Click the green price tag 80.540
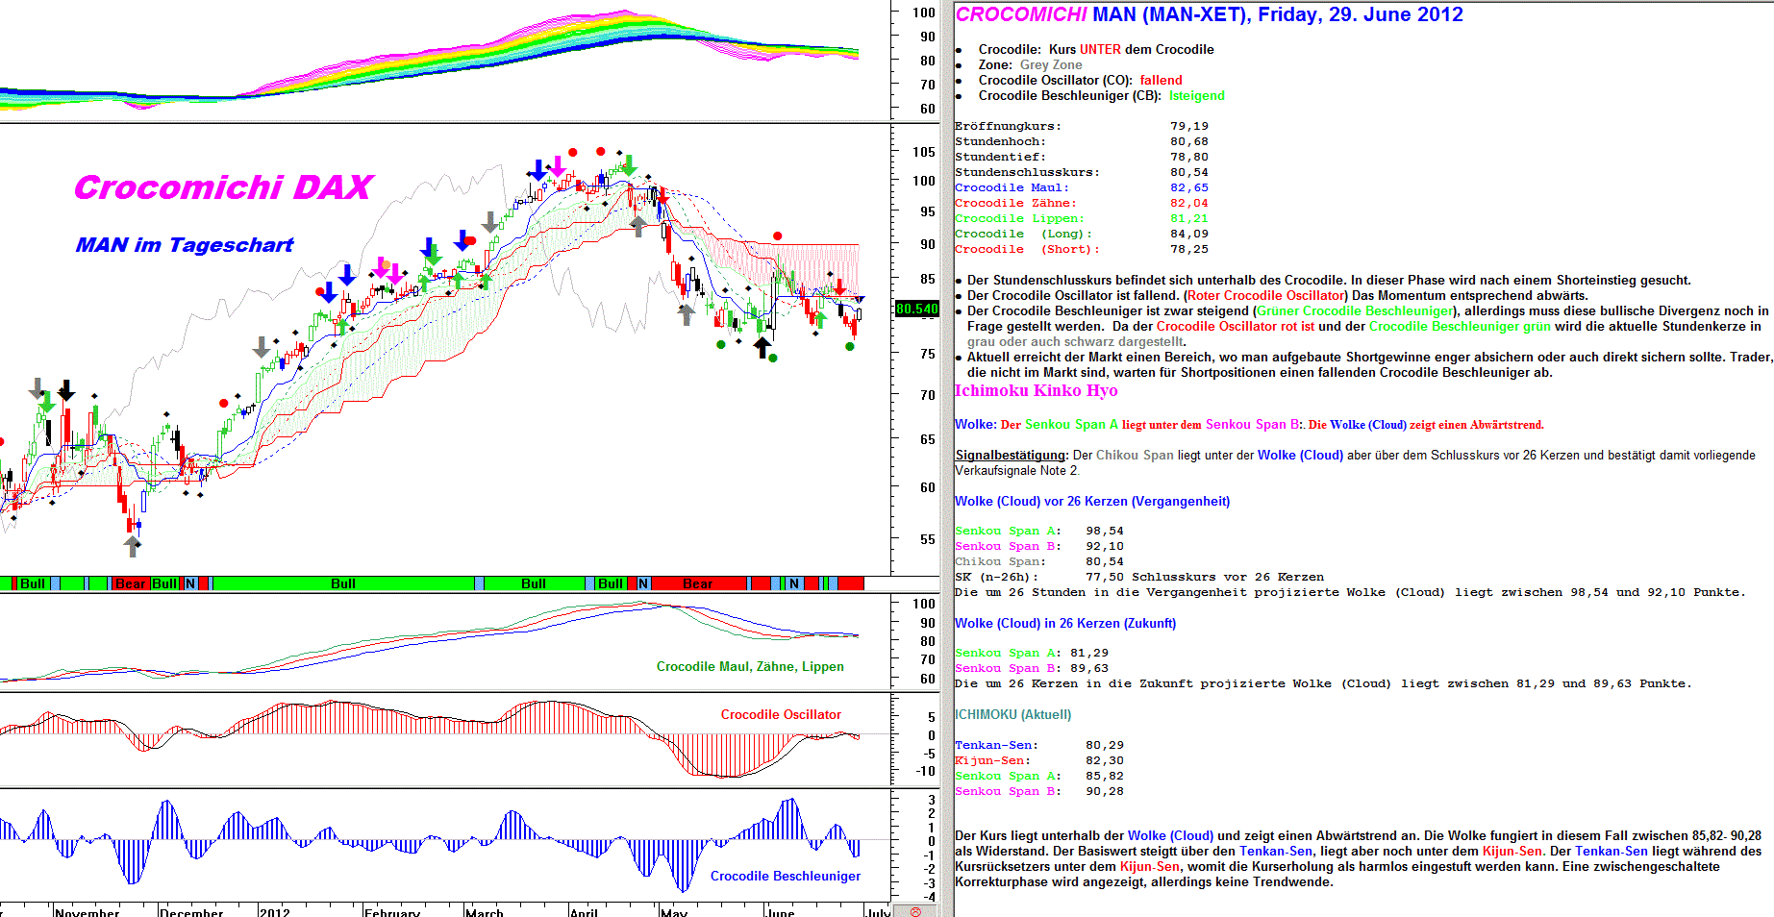[x=916, y=309]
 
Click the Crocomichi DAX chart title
[x=223, y=187]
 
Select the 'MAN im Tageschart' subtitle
[x=185, y=245]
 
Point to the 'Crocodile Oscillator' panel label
[x=781, y=714]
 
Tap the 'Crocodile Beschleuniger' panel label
[x=785, y=876]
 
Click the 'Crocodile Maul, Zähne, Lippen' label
[x=750, y=666]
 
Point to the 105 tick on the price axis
[x=924, y=152]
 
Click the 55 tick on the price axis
[x=927, y=539]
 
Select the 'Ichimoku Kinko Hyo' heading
[x=1036, y=390]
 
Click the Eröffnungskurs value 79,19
[x=1189, y=126]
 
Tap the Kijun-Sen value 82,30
[x=1105, y=760]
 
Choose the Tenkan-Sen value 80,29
[x=1105, y=745]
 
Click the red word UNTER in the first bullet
[x=1100, y=49]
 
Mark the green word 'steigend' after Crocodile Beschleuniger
[x=1198, y=95]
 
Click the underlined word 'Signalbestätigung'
[x=1011, y=455]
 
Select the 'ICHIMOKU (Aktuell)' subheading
[x=1012, y=714]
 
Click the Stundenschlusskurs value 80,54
[x=1189, y=172]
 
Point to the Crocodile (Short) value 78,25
[x=1189, y=249]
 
